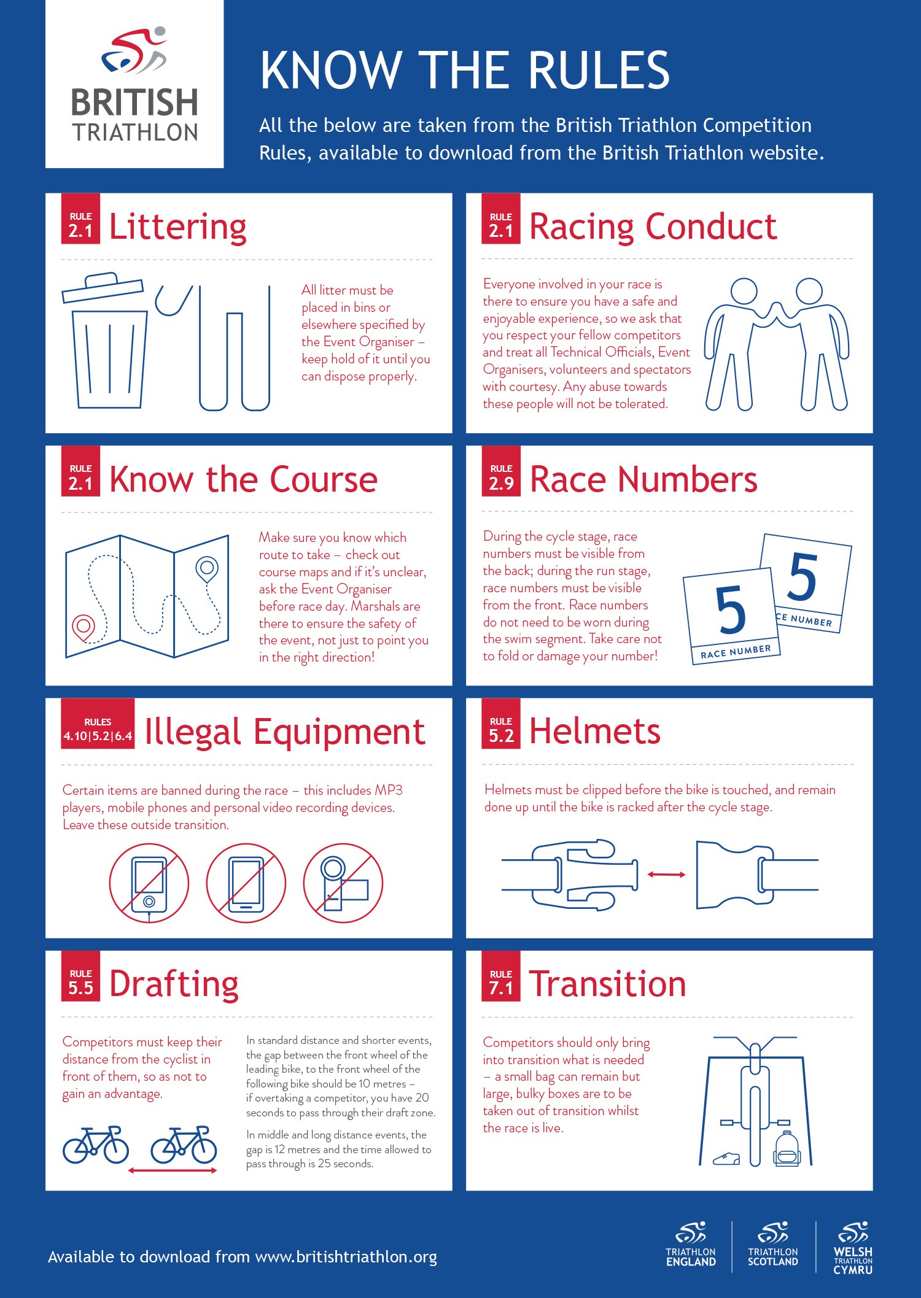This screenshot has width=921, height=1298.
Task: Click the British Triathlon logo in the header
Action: [x=134, y=84]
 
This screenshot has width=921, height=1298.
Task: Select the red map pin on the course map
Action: [x=84, y=627]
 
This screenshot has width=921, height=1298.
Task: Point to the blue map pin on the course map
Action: [x=207, y=569]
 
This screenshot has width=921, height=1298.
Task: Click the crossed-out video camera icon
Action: [x=343, y=883]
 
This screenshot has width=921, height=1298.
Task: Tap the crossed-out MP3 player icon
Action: [x=149, y=883]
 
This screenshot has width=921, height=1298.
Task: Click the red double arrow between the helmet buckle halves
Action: [x=666, y=874]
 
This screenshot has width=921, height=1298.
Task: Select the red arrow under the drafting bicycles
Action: [x=173, y=1170]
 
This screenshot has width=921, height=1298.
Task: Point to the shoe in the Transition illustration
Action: [x=726, y=1159]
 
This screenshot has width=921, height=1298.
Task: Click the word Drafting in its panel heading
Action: [x=174, y=984]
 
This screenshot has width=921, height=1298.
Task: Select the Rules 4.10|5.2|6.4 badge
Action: [x=98, y=724]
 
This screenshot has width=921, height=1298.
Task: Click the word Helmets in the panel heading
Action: [x=595, y=731]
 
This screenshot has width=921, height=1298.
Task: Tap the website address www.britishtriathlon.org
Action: [x=346, y=1257]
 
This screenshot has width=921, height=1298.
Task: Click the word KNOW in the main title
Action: [x=332, y=70]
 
